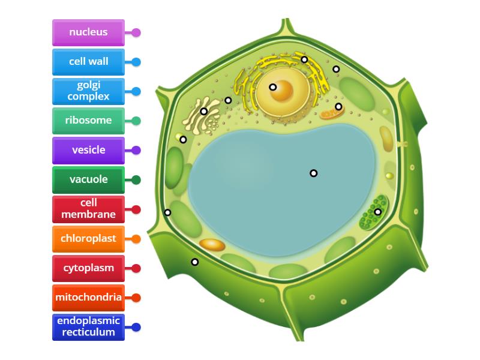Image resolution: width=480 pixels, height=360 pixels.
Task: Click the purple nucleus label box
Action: coord(88,32)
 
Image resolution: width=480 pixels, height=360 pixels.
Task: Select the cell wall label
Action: coord(88,62)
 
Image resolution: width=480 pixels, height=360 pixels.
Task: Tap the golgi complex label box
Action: coord(88,91)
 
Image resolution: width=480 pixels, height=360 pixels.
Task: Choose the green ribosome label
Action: coord(88,121)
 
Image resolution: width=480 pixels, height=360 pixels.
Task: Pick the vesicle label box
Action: coord(88,150)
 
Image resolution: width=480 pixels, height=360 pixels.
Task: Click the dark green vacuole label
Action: coord(88,179)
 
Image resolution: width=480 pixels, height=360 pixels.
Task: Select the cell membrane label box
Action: coord(88,209)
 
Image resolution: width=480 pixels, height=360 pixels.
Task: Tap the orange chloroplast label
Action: coord(88,239)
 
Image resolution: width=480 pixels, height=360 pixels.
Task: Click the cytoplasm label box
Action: coord(88,268)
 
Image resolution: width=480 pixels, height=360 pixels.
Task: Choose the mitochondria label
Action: coord(88,298)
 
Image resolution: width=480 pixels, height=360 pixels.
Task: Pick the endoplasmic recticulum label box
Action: coord(88,327)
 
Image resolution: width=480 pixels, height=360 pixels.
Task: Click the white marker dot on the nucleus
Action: coord(273,87)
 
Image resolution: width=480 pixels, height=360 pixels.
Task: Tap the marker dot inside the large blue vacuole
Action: coord(313,173)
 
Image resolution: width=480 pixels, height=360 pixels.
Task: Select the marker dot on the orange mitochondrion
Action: coord(338,107)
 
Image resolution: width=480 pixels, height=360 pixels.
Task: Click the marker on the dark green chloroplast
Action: coord(377,212)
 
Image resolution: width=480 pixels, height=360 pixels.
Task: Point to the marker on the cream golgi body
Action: coord(204,111)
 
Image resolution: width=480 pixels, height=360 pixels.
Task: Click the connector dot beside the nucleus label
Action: coord(136,32)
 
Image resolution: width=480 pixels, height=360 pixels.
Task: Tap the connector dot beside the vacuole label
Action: coord(136,179)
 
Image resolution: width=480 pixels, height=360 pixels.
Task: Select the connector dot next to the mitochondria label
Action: coord(136,298)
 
